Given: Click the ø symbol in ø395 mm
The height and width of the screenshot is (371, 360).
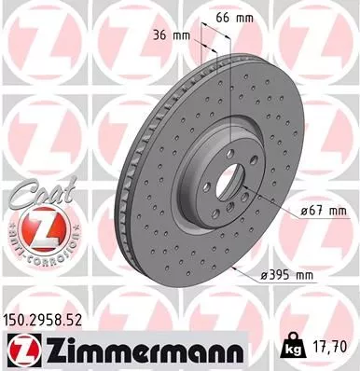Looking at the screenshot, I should point(266,277).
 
